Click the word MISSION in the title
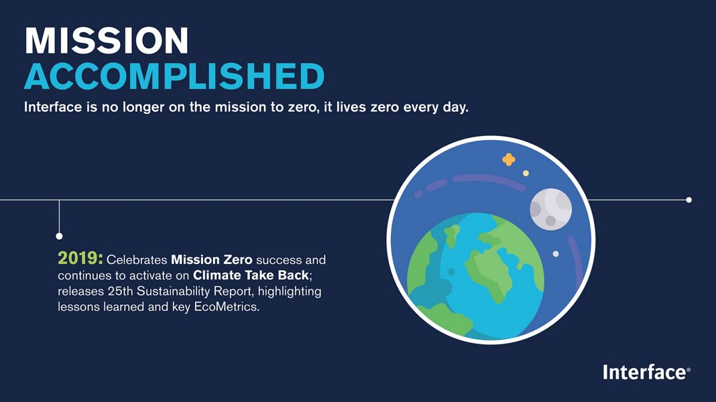pos(107,41)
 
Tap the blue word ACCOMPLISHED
pos(174,76)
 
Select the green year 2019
pos(80,258)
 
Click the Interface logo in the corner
pos(646,373)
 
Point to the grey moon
pos(550,209)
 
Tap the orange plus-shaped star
pos(509,159)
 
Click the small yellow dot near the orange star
pos(526,174)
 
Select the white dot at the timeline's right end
pos(689,200)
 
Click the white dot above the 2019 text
pos(60,236)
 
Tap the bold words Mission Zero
pos(211,260)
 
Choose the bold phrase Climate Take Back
pos(251,275)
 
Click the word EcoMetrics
pos(227,307)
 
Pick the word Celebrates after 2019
pos(137,260)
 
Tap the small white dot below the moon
pos(556,254)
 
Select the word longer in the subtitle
pos(143,108)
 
